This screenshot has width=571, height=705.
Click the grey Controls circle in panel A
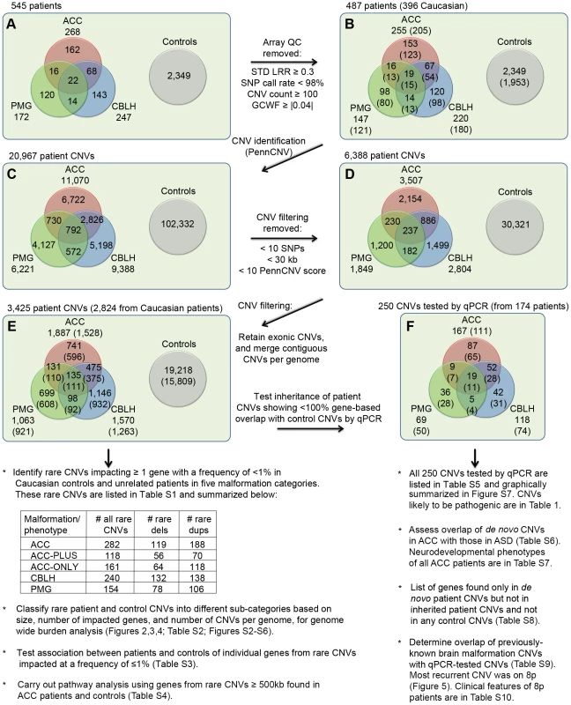pos(178,77)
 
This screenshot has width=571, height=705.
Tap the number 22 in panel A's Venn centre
pos(73,80)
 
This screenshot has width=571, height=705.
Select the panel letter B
pos(349,24)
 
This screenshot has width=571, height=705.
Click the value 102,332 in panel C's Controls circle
pos(178,224)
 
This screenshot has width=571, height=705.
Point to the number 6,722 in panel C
pos(74,200)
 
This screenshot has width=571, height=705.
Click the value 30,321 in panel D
pos(515,225)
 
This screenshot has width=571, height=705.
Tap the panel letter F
pos(410,325)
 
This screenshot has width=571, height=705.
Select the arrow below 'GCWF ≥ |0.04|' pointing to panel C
pos(292,158)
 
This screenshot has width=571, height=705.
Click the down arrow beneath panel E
pos(108,456)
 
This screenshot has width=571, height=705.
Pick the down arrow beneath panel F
pos(474,457)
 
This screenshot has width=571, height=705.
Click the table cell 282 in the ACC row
pos(112,545)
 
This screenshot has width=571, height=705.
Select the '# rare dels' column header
pos(159,524)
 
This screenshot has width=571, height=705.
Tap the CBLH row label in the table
pos(43,578)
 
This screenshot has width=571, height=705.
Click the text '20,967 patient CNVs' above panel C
pos(52,156)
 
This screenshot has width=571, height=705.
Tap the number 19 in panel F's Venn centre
pos(471,376)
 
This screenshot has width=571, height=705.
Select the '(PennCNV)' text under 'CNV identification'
pos(269,152)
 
